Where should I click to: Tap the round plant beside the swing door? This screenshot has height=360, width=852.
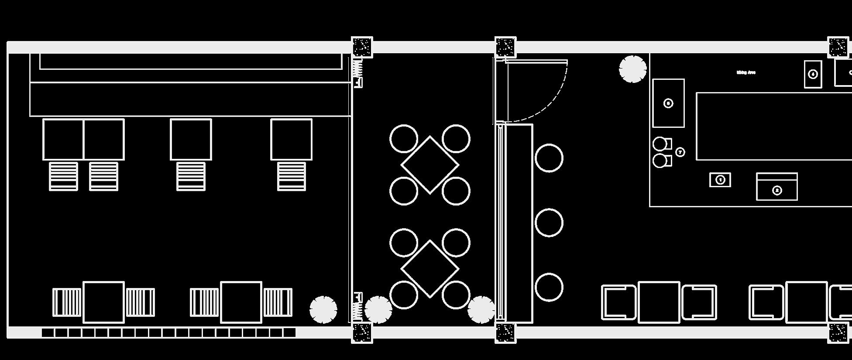coord(632,69)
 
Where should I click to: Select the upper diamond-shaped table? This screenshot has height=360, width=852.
coord(430,165)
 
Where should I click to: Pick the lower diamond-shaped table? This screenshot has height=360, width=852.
coord(430,269)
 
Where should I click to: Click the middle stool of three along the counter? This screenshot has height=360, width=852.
coord(549,223)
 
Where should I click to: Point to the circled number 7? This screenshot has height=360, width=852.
coord(680,152)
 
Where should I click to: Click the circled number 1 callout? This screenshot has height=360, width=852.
coord(720,180)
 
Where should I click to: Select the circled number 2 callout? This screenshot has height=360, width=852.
coord(777,190)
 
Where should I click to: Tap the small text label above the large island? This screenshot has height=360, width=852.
coord(746,72)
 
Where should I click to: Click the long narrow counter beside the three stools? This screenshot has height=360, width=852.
coord(519,223)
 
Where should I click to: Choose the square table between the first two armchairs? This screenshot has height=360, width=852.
coord(659,302)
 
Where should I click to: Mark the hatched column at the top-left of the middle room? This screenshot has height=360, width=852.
coord(362,47)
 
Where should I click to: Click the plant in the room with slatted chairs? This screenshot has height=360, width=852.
coord(323,309)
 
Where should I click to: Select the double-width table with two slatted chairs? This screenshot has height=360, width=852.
coord(83,140)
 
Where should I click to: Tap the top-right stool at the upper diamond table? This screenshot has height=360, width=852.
coord(456,139)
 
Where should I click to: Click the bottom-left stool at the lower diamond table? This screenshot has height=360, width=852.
coord(404,295)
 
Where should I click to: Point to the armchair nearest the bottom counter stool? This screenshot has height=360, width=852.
coord(618,302)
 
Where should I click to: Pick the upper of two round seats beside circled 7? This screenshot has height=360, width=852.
coord(660,144)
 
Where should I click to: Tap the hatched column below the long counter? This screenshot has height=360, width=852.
coord(505,333)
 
